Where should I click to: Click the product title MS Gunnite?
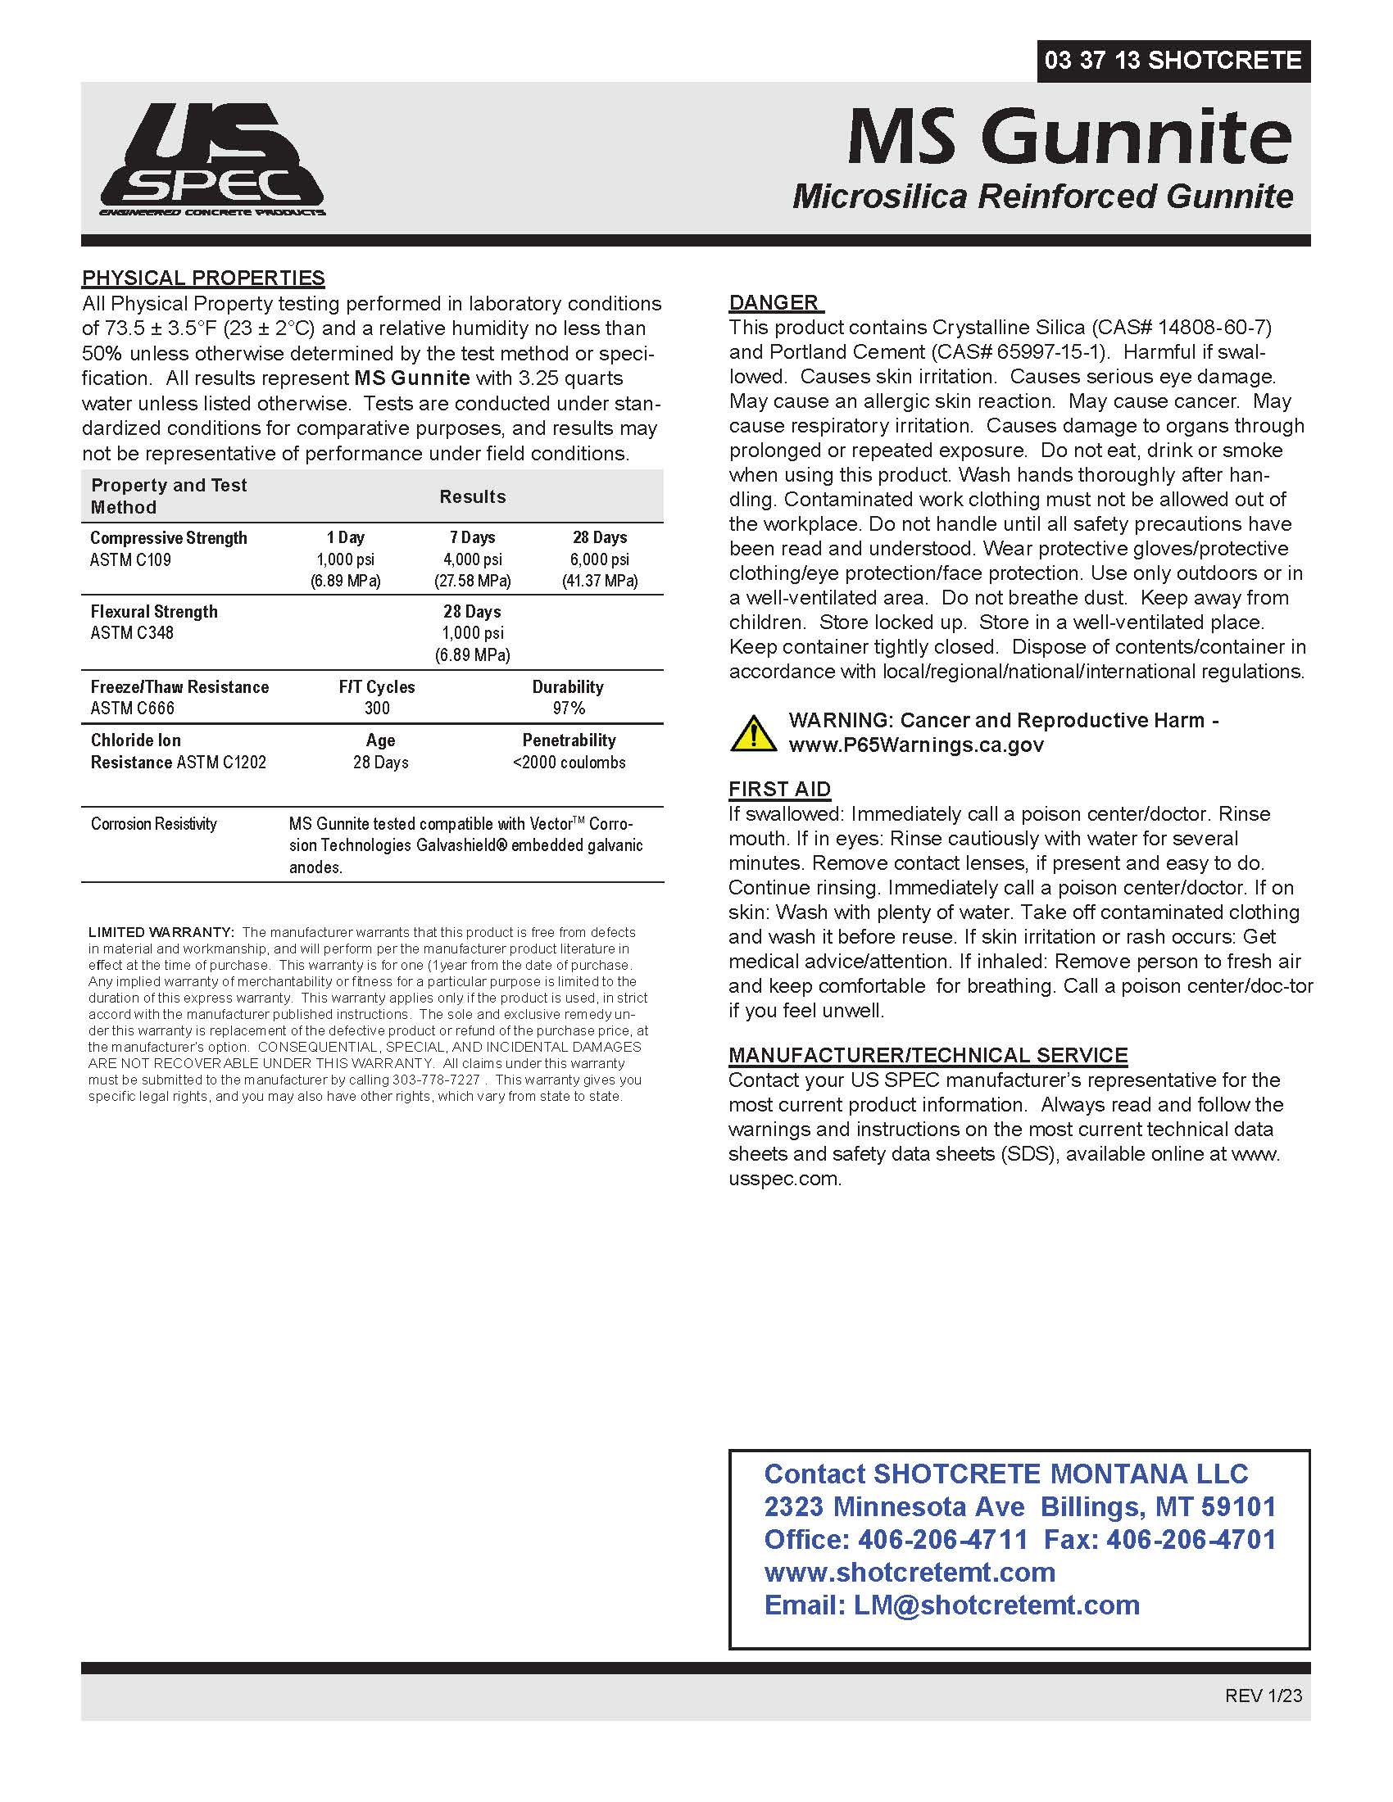[x=1069, y=137]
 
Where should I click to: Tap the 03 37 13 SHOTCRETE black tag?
[x=1173, y=61]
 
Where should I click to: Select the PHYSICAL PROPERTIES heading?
[x=203, y=278]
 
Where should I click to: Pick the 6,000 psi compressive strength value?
[x=599, y=559]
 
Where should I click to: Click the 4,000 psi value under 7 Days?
[x=472, y=559]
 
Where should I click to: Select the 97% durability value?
[x=569, y=708]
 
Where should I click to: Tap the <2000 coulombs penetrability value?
[x=569, y=763]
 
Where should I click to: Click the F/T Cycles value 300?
[x=377, y=708]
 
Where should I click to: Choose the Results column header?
[x=472, y=496]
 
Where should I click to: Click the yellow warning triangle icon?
[x=751, y=733]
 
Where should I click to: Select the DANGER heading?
[x=774, y=302]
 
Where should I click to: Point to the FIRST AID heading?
[x=779, y=789]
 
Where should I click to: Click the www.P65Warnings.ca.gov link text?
[x=916, y=745]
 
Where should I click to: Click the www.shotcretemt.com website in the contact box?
[x=910, y=1572]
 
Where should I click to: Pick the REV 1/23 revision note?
[x=1264, y=1696]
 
